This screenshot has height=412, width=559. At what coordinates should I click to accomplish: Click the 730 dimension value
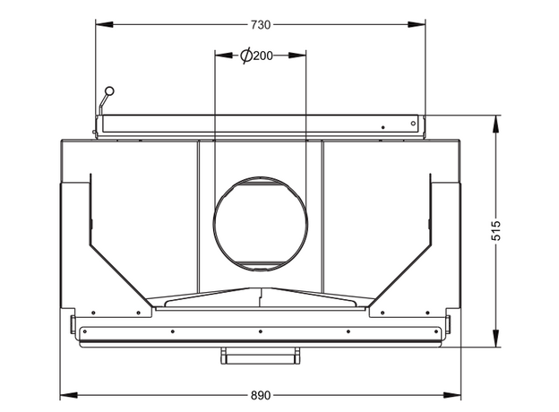(x=261, y=25)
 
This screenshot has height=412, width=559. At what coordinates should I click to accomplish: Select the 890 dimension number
(x=261, y=396)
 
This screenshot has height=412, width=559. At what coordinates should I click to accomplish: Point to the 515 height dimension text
(x=496, y=230)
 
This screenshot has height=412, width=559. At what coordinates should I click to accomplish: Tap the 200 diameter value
(x=263, y=56)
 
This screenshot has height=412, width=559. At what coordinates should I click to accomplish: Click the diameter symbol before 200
(x=246, y=56)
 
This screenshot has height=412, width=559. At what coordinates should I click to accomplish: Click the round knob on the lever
(x=110, y=90)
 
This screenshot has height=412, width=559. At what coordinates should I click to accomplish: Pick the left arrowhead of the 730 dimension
(x=105, y=24)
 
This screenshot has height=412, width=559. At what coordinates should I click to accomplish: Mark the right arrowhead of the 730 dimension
(x=417, y=24)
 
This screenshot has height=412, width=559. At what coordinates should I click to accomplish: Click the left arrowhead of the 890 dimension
(x=69, y=395)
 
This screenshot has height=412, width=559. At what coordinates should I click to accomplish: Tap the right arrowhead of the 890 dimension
(x=452, y=395)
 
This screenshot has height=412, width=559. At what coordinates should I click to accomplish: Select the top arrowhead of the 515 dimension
(x=496, y=124)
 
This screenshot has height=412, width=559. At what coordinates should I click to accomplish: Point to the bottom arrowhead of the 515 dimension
(x=496, y=338)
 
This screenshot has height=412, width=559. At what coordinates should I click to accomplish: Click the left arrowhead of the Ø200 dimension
(x=224, y=56)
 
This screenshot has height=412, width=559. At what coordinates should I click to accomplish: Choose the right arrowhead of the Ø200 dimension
(x=297, y=56)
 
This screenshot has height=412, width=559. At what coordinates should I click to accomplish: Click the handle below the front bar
(x=261, y=356)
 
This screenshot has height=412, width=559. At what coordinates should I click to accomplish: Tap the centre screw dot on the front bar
(x=261, y=331)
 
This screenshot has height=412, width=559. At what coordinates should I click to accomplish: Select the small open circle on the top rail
(x=413, y=124)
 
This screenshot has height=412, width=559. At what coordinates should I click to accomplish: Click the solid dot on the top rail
(x=383, y=127)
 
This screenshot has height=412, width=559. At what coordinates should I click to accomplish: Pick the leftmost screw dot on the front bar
(x=85, y=331)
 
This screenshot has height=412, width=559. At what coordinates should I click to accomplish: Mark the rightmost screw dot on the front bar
(x=436, y=331)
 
